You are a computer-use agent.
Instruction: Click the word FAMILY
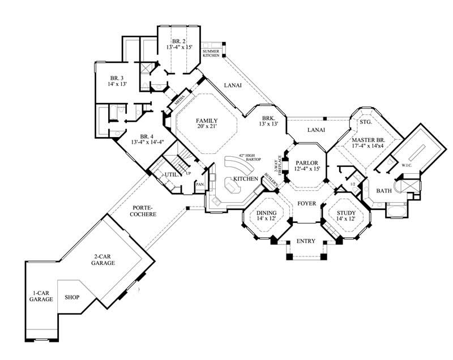(x=207, y=121)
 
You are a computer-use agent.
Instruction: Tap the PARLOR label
(x=307, y=164)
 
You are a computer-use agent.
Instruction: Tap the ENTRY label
(x=306, y=242)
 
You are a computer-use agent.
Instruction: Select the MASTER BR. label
(x=368, y=140)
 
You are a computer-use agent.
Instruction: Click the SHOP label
(x=71, y=297)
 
